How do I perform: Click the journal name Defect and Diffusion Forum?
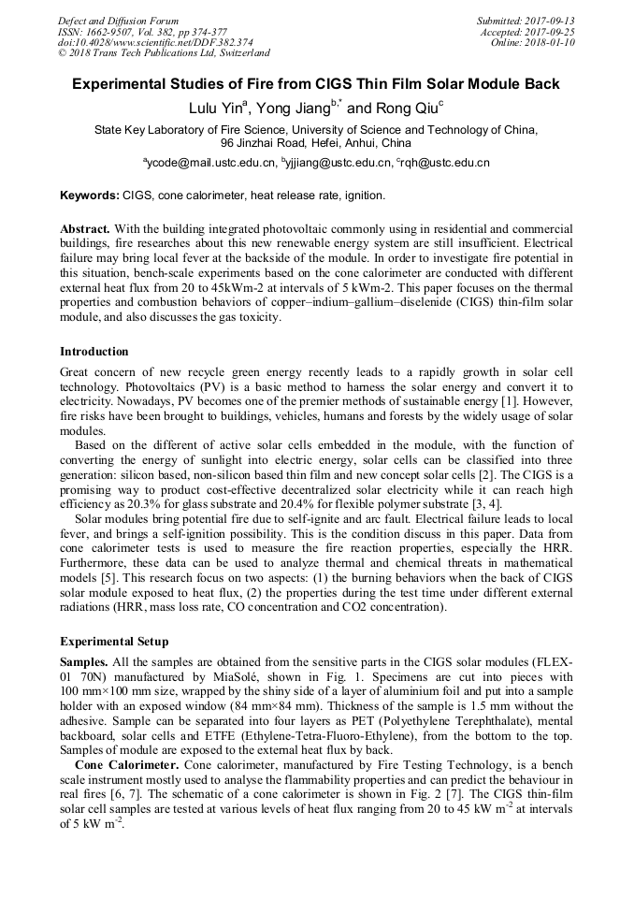coord(118,21)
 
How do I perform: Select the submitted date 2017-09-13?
coord(552,21)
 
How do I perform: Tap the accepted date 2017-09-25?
coord(552,32)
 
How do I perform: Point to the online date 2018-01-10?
coord(552,42)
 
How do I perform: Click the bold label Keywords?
coord(90,196)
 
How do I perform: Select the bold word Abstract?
coord(85,229)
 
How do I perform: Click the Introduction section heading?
coord(94,352)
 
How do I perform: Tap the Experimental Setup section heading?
coord(114,643)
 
